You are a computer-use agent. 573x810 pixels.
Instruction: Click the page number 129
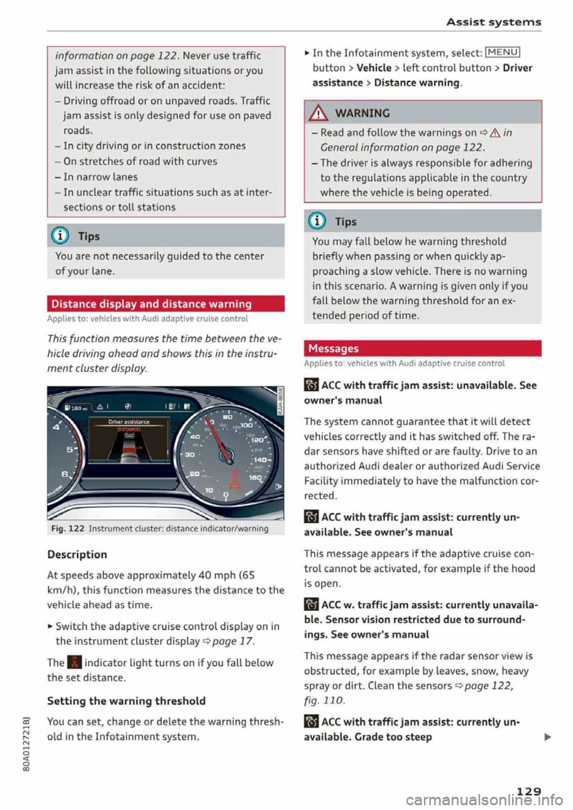(x=528, y=791)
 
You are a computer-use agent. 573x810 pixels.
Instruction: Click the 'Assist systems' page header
(x=494, y=22)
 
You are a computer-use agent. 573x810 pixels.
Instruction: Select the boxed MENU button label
(x=504, y=52)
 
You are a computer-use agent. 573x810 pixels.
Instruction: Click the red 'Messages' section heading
(x=333, y=348)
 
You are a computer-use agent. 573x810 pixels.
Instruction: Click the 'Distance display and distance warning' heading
(x=152, y=304)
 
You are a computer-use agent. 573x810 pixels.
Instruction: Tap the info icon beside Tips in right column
(x=317, y=221)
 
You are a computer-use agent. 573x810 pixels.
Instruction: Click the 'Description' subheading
(x=77, y=554)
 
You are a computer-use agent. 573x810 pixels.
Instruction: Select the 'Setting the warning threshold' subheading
(x=126, y=701)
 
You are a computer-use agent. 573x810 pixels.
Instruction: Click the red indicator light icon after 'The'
(x=74, y=663)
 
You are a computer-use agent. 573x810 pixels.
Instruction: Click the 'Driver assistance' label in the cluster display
(x=129, y=422)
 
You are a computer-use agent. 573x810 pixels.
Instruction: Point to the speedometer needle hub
(x=227, y=456)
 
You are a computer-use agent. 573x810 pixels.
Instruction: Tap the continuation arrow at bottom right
(x=547, y=737)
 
